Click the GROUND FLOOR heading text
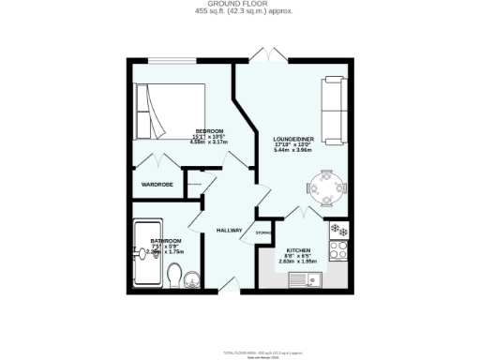pyautogui.click(x=239, y=5)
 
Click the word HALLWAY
pyautogui.click(x=230, y=231)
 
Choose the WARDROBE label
pyautogui.click(x=157, y=185)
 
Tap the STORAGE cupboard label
pyautogui.click(x=264, y=232)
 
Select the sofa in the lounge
pyautogui.click(x=332, y=105)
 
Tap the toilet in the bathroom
pyautogui.click(x=174, y=275)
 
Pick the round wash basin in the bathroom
pyautogui.click(x=193, y=277)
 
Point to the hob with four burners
pyautogui.click(x=339, y=250)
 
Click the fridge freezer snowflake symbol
pyautogui.click(x=338, y=231)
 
